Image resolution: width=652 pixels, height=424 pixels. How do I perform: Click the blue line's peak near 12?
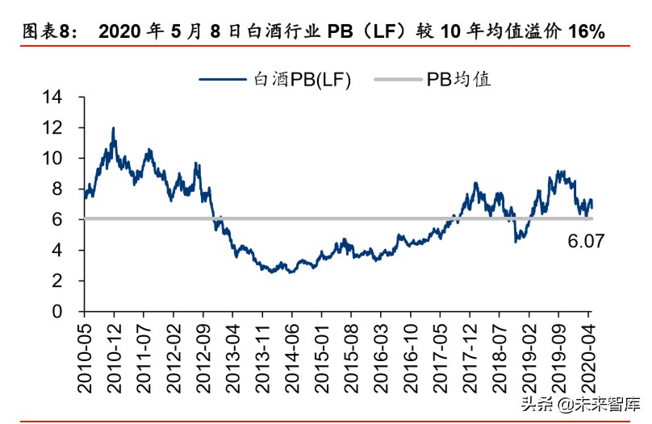(x=113, y=128)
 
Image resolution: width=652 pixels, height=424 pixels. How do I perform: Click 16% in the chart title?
(x=586, y=32)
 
